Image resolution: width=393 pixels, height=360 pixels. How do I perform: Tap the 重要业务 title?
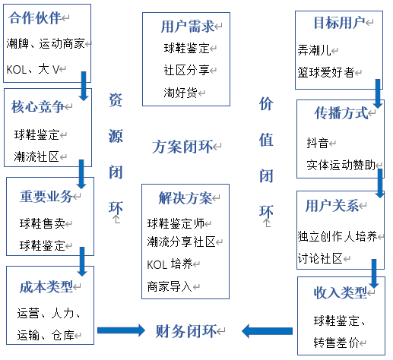[46, 197]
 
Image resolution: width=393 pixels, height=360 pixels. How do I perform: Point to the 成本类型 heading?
[46, 286]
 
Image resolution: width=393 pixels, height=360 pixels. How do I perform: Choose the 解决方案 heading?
[185, 199]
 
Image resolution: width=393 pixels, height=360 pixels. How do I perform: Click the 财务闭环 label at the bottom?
[185, 330]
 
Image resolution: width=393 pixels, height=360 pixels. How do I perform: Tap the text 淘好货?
[183, 93]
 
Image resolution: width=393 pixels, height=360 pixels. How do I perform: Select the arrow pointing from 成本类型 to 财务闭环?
[119, 330]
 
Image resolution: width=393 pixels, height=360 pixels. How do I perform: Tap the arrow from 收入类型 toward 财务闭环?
[265, 330]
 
